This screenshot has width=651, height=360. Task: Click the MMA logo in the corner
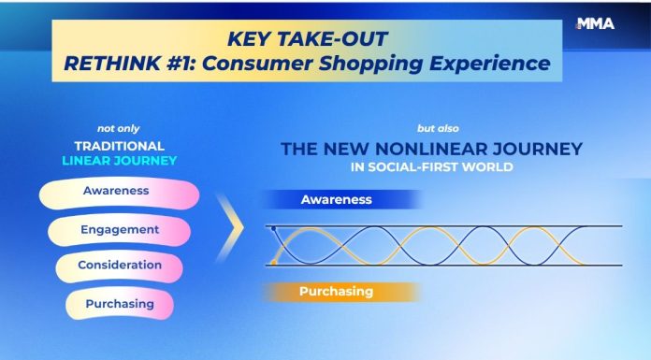point(596,24)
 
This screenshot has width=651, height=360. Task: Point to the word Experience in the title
point(489,65)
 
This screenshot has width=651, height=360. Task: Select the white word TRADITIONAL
point(119,146)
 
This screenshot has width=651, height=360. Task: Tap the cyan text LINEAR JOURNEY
point(119,162)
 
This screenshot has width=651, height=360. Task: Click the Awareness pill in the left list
point(117,191)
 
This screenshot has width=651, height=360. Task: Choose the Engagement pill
point(119,229)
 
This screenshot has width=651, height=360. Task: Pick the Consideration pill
point(120,266)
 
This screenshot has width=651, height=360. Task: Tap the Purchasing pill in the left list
point(120,304)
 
